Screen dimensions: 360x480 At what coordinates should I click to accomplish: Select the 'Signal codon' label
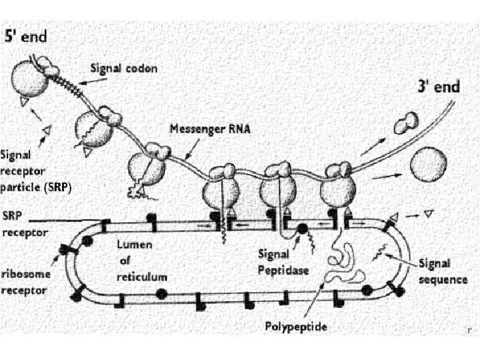click(x=124, y=69)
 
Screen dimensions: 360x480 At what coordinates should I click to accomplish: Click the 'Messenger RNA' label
click(x=210, y=129)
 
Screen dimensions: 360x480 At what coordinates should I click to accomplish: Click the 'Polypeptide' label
click(x=295, y=326)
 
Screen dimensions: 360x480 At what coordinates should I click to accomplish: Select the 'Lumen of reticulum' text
click(x=139, y=261)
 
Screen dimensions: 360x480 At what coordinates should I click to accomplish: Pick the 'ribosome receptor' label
click(x=25, y=282)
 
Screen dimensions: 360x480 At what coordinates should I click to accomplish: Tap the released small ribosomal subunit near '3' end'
click(x=405, y=122)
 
